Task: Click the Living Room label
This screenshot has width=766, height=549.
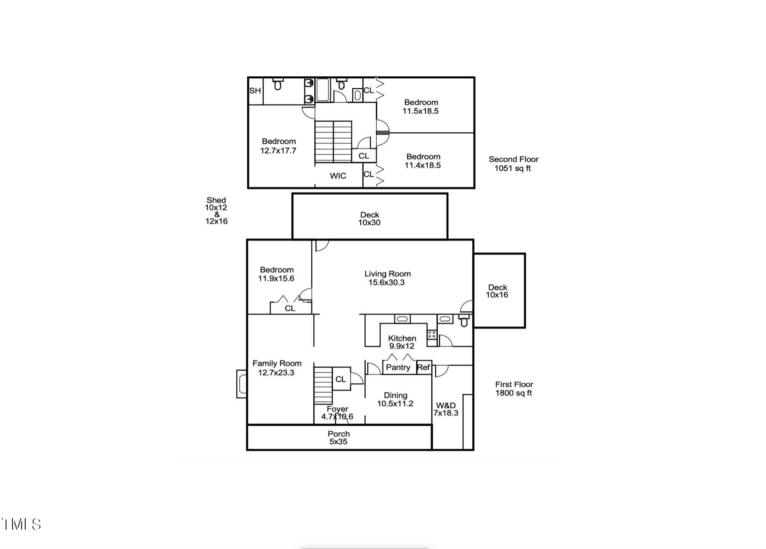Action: (387, 278)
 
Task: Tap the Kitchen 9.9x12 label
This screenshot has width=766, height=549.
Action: (402, 342)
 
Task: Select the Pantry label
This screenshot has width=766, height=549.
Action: (398, 367)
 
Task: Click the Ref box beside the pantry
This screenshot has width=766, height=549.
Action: (423, 367)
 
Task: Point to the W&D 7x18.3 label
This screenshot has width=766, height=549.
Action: (446, 409)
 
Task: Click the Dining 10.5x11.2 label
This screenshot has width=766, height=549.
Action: (395, 399)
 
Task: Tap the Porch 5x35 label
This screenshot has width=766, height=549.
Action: (339, 438)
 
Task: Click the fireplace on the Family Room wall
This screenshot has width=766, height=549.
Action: (242, 384)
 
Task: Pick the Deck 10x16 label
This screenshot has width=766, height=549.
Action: (497, 291)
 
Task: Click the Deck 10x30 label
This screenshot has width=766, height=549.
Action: (370, 218)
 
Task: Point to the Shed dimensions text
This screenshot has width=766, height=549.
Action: (216, 210)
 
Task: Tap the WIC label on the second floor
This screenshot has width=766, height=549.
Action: (338, 176)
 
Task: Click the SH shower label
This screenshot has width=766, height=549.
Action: (255, 91)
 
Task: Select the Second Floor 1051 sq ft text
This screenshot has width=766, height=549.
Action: (513, 164)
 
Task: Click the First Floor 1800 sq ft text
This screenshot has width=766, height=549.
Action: (514, 389)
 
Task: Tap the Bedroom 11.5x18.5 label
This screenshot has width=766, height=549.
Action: (421, 107)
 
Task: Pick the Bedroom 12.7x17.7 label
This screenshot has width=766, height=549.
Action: (279, 146)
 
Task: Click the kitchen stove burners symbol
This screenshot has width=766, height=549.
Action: (432, 335)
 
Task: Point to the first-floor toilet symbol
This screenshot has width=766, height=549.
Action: (464, 321)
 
